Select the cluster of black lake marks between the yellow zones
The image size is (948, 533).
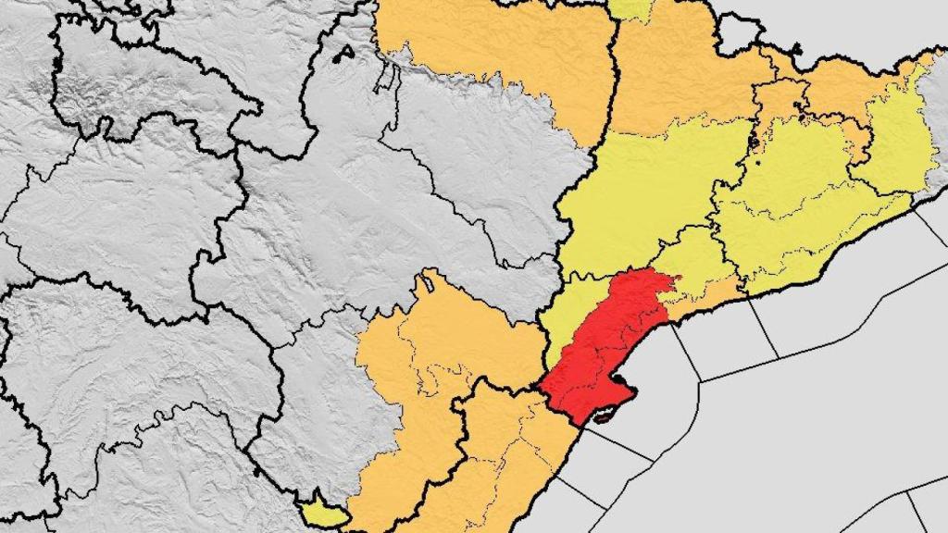coord(753,143)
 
